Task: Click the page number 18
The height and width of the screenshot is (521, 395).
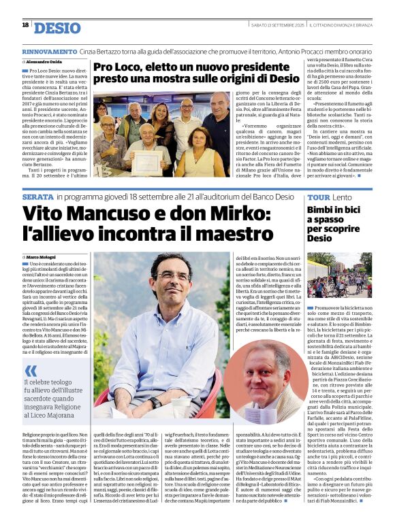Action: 25,25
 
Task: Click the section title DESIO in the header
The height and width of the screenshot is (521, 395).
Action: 57,28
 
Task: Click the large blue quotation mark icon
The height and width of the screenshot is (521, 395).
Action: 31,370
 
